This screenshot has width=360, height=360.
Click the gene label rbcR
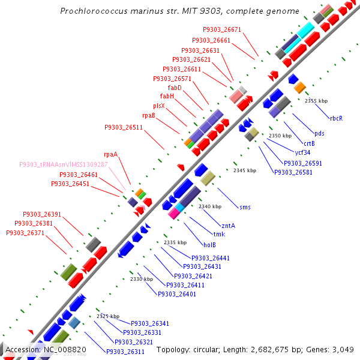tap(336, 118)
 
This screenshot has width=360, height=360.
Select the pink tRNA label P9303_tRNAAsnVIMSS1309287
tap(64, 164)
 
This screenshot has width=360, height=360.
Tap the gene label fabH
tap(167, 96)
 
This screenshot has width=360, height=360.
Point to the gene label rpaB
tap(149, 115)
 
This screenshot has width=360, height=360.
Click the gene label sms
tap(245, 207)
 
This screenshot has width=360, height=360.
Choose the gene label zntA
tap(228, 226)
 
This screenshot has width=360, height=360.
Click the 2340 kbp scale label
tap(210, 206)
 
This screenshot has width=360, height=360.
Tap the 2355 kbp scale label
tap(316, 101)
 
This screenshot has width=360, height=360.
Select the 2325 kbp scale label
tap(108, 316)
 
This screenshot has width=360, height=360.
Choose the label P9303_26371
tap(25, 232)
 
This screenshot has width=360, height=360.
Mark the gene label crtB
tap(309, 143)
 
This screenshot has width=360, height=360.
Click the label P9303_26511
tap(124, 127)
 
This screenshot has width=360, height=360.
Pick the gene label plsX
tap(158, 106)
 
